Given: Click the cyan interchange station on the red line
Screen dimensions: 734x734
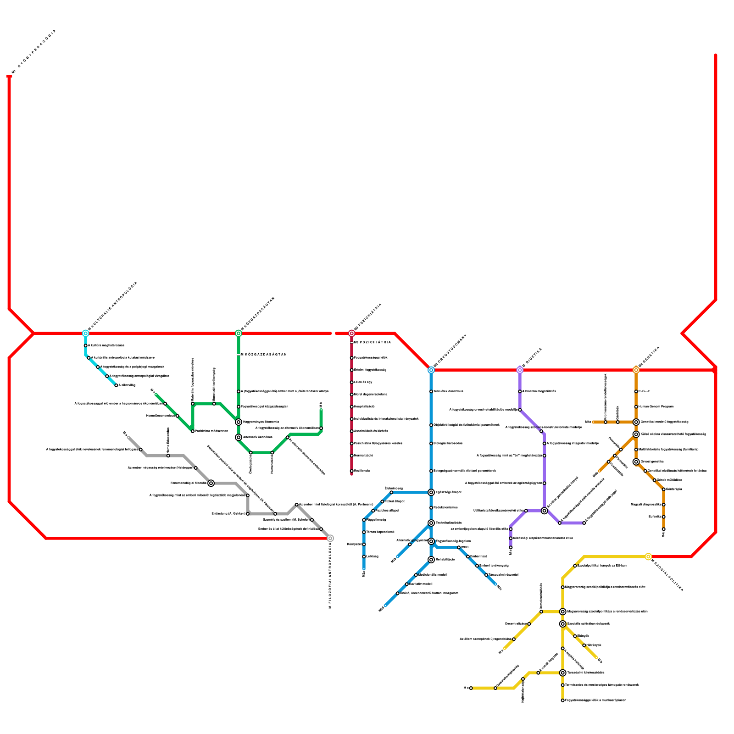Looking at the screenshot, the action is pyautogui.click(x=85, y=334).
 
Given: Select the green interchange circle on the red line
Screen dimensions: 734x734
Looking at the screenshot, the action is pyautogui.click(x=239, y=334).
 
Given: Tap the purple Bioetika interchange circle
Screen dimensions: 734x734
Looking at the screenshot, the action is pyautogui.click(x=520, y=370).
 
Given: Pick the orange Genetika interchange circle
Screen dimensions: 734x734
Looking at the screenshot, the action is pyautogui.click(x=636, y=370).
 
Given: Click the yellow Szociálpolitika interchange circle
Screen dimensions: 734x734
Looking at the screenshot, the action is pyautogui.click(x=648, y=557).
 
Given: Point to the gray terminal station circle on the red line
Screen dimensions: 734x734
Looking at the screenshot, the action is pyautogui.click(x=330, y=538).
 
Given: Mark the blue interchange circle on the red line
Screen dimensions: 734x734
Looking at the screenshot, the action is pyautogui.click(x=431, y=370).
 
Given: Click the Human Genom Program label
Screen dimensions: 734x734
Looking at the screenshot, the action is pyautogui.click(x=656, y=407).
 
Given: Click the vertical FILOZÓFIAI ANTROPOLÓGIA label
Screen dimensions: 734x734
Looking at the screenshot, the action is pyautogui.click(x=330, y=576).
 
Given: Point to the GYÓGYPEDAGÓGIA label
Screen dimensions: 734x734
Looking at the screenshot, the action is pyautogui.click(x=34, y=50).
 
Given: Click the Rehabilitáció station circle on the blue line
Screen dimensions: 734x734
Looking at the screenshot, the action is pyautogui.click(x=431, y=560).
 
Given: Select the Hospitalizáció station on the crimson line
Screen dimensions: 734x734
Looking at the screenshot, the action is pyautogui.click(x=352, y=407).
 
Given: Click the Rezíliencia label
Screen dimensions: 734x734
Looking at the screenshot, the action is pyautogui.click(x=362, y=471).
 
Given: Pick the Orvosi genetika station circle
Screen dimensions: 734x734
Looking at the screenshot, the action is pyautogui.click(x=636, y=462).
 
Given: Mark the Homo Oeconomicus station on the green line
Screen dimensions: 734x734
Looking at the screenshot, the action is pyautogui.click(x=178, y=416).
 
